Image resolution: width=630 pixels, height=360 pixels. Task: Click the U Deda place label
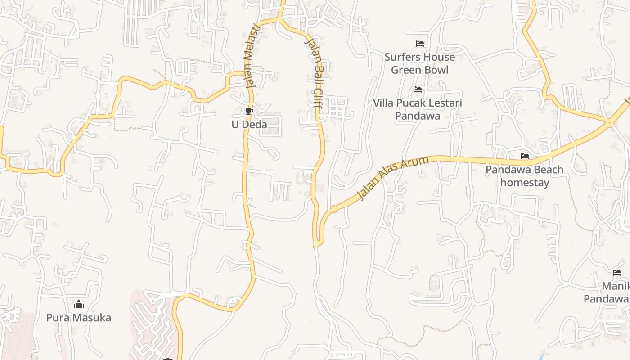tap(249, 125)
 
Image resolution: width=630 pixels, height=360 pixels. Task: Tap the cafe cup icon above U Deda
tap(249, 111)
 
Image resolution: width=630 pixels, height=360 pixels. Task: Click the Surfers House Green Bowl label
tap(419, 63)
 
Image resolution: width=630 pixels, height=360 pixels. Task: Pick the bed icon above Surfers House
tap(419, 44)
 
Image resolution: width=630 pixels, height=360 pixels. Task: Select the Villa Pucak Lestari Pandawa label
tap(418, 109)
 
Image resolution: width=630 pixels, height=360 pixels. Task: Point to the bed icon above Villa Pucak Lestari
tap(418, 90)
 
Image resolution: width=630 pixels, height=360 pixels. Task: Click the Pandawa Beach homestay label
tap(525, 176)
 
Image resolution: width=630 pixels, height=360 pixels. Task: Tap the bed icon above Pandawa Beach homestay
tap(524, 156)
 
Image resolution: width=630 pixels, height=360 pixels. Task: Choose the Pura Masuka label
tap(79, 318)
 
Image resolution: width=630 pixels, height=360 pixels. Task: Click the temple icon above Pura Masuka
tap(79, 305)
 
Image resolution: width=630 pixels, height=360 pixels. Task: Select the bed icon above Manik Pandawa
tap(617, 272)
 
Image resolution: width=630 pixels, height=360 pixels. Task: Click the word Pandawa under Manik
tap(606, 299)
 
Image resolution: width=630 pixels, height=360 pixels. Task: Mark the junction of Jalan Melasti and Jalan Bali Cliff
tap(279, 19)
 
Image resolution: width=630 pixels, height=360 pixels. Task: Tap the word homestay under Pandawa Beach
tap(525, 183)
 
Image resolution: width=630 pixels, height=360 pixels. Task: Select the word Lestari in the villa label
tap(443, 103)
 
